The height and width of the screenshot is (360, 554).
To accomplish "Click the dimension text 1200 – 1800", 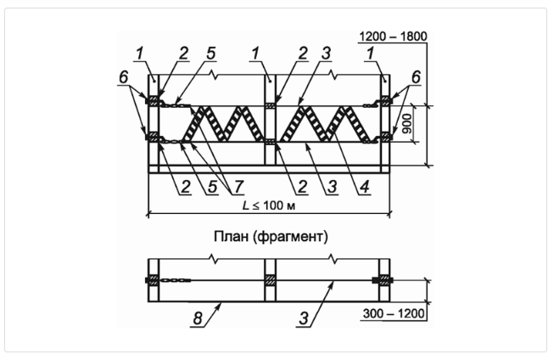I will (393, 37).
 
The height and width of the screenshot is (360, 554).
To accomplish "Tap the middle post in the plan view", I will (269, 279).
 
